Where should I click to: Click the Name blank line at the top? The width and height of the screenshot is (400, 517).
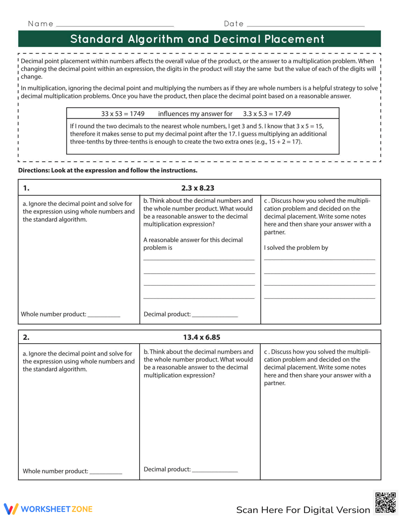[115, 25]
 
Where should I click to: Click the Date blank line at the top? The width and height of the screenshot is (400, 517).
[306, 25]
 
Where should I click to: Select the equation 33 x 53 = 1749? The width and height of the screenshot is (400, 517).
[123, 114]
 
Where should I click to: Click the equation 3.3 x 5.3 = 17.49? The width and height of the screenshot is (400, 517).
[267, 114]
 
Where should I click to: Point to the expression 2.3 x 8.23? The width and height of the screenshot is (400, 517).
[198, 188]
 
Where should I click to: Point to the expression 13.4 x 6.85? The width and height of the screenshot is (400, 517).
[202, 337]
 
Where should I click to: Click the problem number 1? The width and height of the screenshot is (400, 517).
[26, 188]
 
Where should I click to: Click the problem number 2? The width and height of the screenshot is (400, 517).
[26, 337]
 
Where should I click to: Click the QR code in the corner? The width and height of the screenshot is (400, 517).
[386, 503]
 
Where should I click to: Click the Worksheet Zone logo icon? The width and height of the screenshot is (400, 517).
[11, 509]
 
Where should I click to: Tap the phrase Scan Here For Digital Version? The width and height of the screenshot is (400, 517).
[303, 510]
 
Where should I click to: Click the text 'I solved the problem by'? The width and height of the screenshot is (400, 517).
[296, 248]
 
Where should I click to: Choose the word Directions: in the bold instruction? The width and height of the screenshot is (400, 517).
[34, 170]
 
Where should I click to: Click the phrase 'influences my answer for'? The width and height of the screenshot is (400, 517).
[195, 114]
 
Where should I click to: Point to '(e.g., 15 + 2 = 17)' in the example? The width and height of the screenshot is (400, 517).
[278, 142]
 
